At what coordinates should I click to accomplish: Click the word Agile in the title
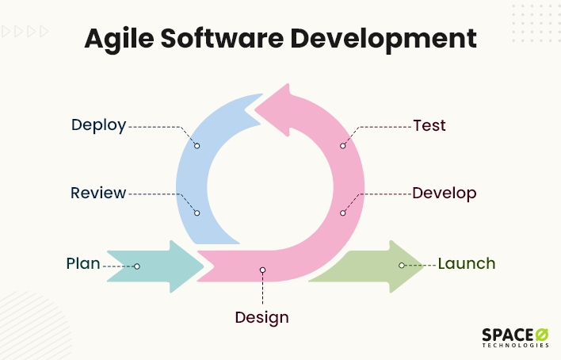(119, 39)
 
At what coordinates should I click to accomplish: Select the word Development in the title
(384, 40)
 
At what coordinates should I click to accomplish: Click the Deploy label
(99, 126)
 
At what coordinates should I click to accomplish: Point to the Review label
(98, 193)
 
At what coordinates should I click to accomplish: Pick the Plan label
(83, 263)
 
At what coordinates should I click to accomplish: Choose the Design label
(262, 318)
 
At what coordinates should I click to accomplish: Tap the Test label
(429, 126)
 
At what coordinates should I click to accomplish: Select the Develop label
(445, 193)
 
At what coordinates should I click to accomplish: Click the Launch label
(467, 263)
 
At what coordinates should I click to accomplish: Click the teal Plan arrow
(155, 266)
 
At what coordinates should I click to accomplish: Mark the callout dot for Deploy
(197, 146)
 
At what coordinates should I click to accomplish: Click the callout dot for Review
(197, 213)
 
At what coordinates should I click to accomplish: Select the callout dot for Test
(343, 146)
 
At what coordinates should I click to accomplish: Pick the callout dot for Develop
(343, 213)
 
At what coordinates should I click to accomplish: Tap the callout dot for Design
(262, 270)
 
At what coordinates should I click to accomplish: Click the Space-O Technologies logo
(515, 338)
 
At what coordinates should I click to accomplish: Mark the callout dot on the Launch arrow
(402, 266)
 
